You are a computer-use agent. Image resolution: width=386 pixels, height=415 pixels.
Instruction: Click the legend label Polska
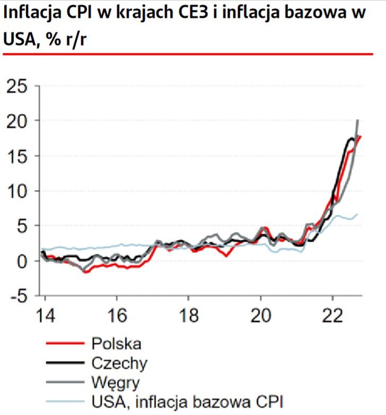[116, 344]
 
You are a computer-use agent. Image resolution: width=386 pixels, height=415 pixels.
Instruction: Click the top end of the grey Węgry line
[358, 121]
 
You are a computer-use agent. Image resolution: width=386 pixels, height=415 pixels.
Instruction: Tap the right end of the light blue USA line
[357, 214]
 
